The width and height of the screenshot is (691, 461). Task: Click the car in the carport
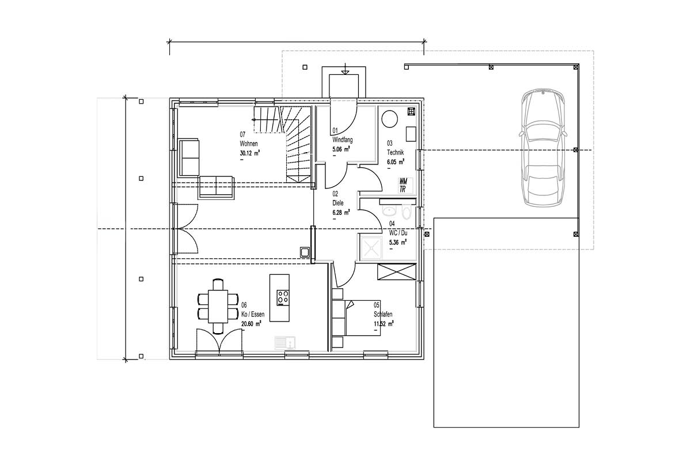543,148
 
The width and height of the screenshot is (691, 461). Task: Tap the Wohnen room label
249,143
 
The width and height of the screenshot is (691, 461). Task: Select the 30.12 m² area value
249,153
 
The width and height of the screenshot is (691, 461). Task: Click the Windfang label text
343,139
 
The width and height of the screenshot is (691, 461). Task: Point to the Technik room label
396,152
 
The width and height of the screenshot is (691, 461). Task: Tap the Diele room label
338,203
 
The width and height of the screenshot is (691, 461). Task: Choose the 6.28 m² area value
341,213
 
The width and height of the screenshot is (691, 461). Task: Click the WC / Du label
398,233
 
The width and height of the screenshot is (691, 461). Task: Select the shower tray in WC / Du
370,247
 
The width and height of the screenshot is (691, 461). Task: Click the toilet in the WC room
407,213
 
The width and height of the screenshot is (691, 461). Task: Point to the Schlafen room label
383,314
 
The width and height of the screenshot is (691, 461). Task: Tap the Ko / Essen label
253,314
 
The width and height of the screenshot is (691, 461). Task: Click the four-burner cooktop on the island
283,298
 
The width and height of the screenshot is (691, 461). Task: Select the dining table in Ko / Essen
218,307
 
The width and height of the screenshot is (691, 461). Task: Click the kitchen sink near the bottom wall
285,343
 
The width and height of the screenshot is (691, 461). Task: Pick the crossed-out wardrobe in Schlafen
397,272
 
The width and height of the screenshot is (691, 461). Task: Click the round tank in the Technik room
390,119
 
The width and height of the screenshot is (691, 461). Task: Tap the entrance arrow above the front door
345,69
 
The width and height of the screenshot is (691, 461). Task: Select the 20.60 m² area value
251,324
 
